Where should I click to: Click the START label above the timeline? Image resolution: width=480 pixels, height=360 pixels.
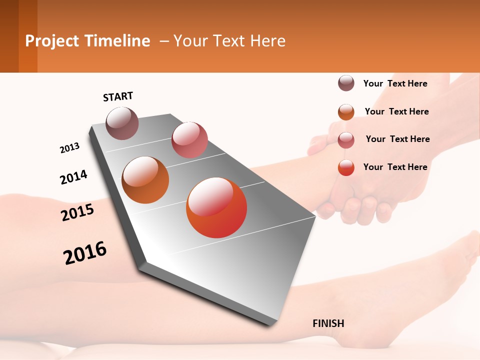[x=118, y=96]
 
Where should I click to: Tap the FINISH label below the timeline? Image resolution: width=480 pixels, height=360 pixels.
[x=328, y=323]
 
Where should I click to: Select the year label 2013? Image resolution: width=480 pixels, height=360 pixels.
[x=69, y=148]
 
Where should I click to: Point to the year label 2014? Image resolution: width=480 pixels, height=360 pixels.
[x=73, y=177]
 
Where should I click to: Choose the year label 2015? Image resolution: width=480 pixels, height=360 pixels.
[x=77, y=212]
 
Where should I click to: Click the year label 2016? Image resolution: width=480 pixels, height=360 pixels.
[x=85, y=252]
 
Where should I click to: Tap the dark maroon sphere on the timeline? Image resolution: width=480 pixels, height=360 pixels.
[x=122, y=123]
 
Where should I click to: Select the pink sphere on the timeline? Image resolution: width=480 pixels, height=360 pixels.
[x=189, y=140]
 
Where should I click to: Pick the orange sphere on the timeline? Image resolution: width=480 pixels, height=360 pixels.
[x=145, y=180]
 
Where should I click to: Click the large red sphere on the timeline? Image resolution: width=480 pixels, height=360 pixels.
[x=216, y=207]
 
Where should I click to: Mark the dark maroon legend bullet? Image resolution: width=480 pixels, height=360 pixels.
[x=346, y=83]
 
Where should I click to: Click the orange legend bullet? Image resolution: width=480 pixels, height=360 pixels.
[x=346, y=112]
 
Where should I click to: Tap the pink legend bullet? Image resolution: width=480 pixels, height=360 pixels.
[x=346, y=139]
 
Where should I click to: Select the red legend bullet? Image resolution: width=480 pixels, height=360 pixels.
[x=346, y=167]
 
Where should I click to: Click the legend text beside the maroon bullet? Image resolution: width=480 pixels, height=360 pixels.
[x=395, y=83]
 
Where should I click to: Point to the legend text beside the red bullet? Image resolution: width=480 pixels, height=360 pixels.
[x=395, y=167]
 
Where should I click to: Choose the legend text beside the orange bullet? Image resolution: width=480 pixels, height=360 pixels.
[x=396, y=111]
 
